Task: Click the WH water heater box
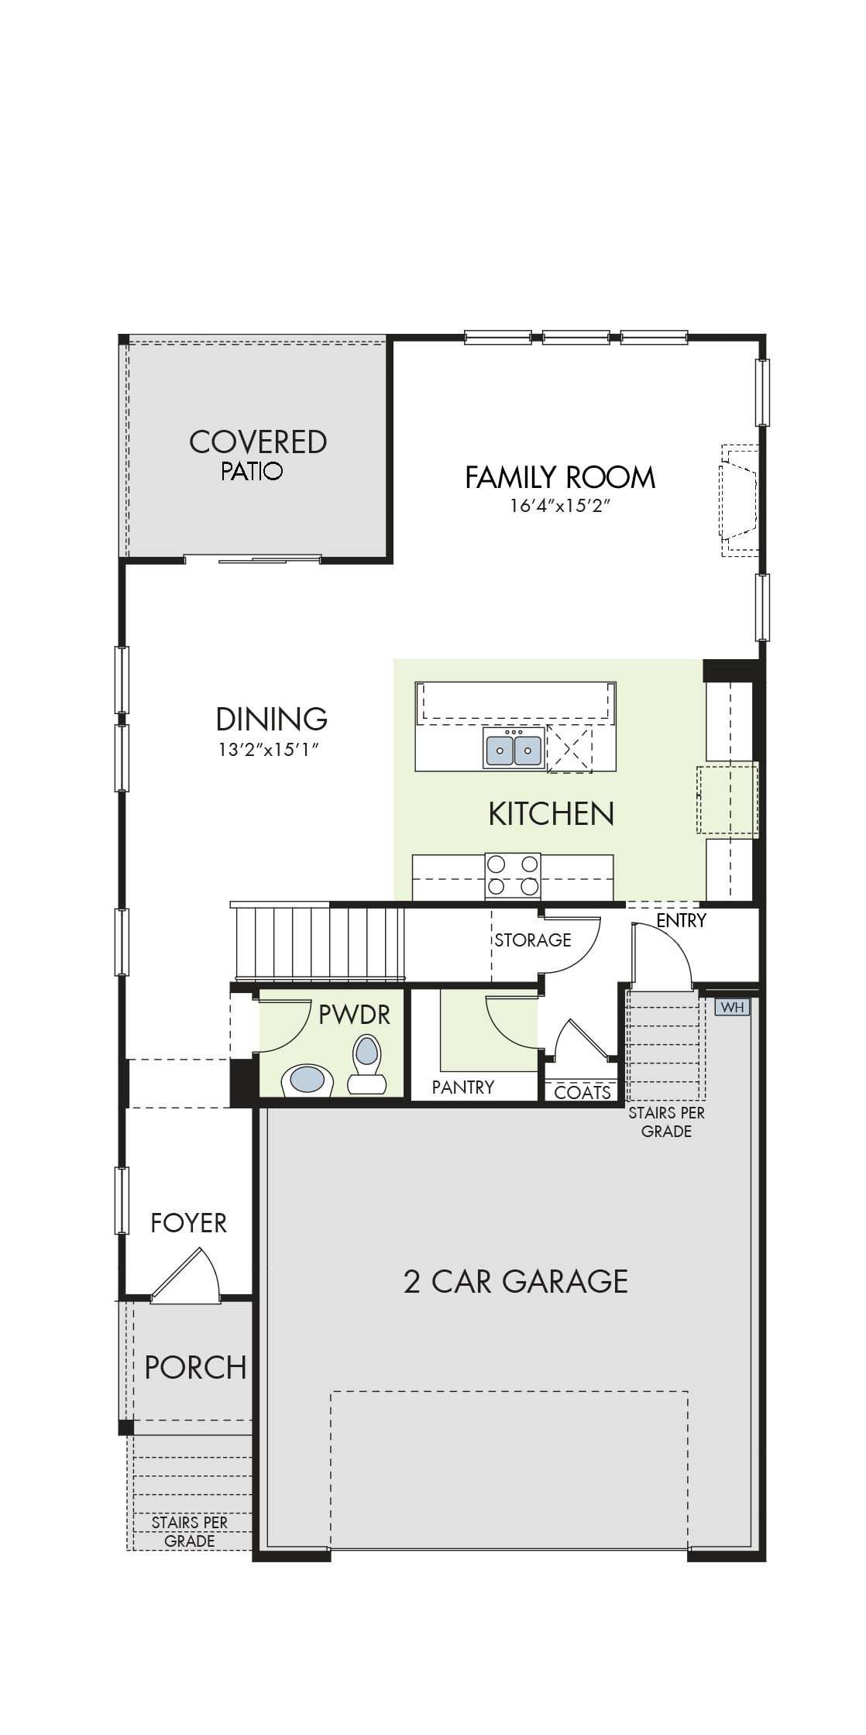click(x=732, y=1007)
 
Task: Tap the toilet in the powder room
click(x=366, y=1065)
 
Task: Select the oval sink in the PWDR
click(x=308, y=1080)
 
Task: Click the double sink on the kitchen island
click(x=513, y=748)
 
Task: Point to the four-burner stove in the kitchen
click(x=513, y=877)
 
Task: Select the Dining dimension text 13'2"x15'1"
click(x=270, y=750)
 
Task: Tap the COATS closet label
click(x=582, y=1092)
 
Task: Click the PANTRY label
click(x=463, y=1087)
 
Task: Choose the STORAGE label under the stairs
click(x=533, y=940)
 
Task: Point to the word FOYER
click(x=189, y=1223)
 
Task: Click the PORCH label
click(x=196, y=1367)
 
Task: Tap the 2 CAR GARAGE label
click(x=516, y=1281)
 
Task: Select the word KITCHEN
click(x=552, y=813)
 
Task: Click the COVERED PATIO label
click(x=258, y=455)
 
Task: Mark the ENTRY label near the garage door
click(x=682, y=920)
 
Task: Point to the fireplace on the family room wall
click(x=740, y=500)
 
